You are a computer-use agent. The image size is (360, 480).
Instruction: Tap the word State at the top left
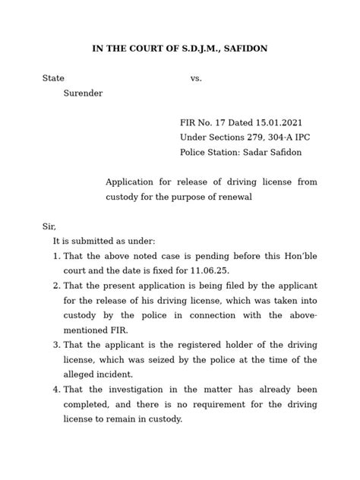tap(53, 78)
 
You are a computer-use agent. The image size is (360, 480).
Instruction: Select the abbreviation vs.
tap(196, 78)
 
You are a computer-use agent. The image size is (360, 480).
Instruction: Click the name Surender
tap(82, 93)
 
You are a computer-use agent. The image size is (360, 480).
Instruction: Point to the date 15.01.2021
tap(271, 122)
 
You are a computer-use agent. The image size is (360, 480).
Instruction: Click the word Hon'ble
tap(297, 256)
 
